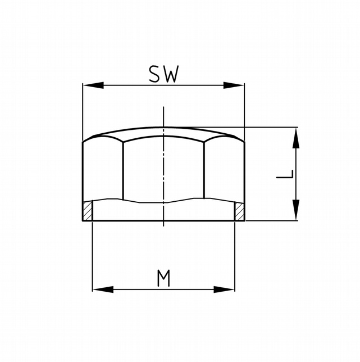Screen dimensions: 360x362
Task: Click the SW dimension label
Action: tap(164, 74)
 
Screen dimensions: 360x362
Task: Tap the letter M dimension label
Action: tap(163, 278)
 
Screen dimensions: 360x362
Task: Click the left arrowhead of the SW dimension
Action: tap(93, 85)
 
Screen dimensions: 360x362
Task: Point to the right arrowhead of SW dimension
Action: tap(234, 85)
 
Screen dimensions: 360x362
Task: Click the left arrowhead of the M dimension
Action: tap(103, 289)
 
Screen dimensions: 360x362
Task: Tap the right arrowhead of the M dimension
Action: tap(224, 289)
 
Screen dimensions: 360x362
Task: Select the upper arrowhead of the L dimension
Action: tap(296, 138)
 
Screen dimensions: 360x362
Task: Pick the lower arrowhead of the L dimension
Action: tap(296, 210)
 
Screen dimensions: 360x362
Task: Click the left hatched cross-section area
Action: tap(88, 211)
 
